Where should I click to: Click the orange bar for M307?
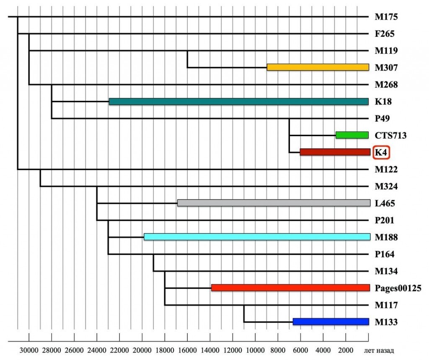(x=318, y=67)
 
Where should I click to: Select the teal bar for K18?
(x=239, y=101)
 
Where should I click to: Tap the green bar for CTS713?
(x=352, y=135)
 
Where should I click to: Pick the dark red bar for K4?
(x=335, y=152)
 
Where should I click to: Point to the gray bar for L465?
(x=274, y=203)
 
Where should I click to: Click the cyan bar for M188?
(x=257, y=237)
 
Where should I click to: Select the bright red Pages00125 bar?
(x=291, y=288)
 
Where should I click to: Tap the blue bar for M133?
(x=331, y=322)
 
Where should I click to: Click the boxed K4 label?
(x=381, y=153)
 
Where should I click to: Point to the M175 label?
(x=386, y=17)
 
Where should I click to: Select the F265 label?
(x=385, y=34)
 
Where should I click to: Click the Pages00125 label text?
(x=398, y=288)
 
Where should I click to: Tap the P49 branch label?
(x=382, y=119)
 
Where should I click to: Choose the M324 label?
(x=386, y=186)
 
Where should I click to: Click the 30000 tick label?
(x=29, y=350)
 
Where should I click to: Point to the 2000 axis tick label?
(x=346, y=350)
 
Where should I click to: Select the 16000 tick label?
(x=187, y=350)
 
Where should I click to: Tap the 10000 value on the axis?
(x=255, y=350)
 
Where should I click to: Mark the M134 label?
(x=386, y=271)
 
